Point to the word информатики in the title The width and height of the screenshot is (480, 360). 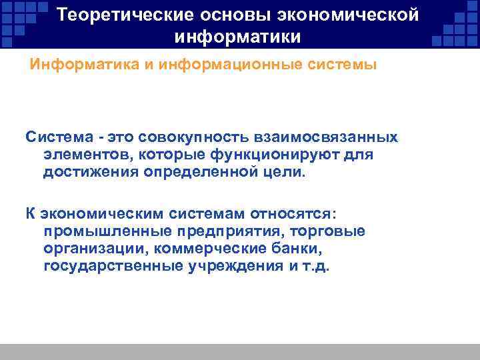239,36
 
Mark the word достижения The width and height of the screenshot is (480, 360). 87,173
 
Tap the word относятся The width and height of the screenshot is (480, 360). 293,214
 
